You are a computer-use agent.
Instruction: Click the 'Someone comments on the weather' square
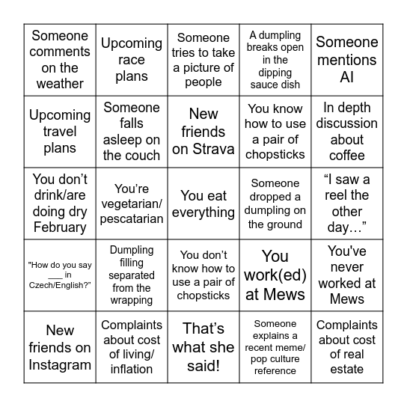click(x=60, y=60)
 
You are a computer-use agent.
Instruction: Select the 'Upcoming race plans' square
click(x=132, y=60)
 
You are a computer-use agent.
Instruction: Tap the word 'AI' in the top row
click(x=346, y=77)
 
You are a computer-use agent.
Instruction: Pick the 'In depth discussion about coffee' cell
click(x=346, y=132)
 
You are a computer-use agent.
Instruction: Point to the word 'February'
click(x=60, y=228)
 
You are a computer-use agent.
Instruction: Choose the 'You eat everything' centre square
click(x=203, y=204)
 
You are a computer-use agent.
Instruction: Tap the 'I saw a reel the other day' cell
click(x=346, y=204)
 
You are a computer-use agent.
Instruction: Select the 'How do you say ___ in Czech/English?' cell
click(x=60, y=275)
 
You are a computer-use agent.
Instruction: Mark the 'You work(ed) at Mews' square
click(x=275, y=275)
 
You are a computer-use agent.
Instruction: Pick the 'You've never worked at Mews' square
click(x=346, y=275)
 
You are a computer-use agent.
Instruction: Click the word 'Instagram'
click(x=60, y=364)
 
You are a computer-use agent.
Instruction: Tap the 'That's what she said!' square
click(x=203, y=347)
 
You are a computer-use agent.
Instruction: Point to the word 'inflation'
click(x=132, y=369)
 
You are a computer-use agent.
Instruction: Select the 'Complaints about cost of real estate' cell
click(x=346, y=347)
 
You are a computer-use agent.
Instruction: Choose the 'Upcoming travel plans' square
click(x=60, y=132)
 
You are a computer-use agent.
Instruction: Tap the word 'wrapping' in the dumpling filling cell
click(x=132, y=300)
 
